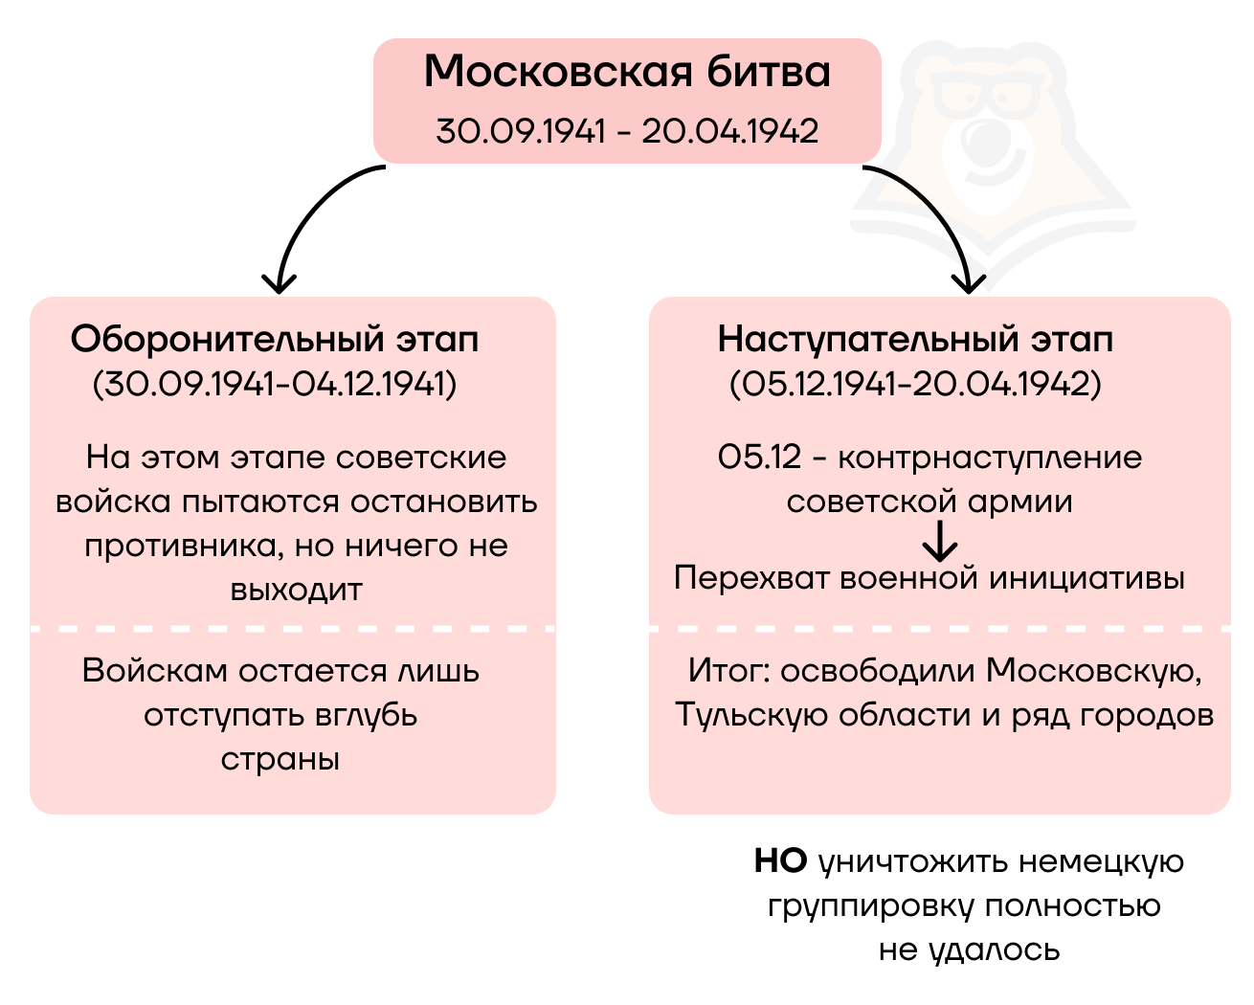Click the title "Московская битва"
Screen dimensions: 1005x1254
627,73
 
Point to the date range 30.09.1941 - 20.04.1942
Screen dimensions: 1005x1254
627,131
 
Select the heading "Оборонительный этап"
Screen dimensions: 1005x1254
275,339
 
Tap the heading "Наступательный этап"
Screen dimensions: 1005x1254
915,339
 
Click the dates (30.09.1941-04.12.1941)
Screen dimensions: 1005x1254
275,384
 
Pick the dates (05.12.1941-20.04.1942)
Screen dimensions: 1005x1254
915,384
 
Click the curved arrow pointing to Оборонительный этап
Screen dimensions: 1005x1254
306,220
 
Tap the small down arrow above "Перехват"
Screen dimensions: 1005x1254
940,542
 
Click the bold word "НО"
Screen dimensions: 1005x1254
780,861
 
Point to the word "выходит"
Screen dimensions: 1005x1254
296,590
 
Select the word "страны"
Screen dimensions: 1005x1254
280,760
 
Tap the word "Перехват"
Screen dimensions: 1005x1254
752,578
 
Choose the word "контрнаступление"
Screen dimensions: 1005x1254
990,458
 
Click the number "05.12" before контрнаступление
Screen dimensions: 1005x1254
759,458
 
